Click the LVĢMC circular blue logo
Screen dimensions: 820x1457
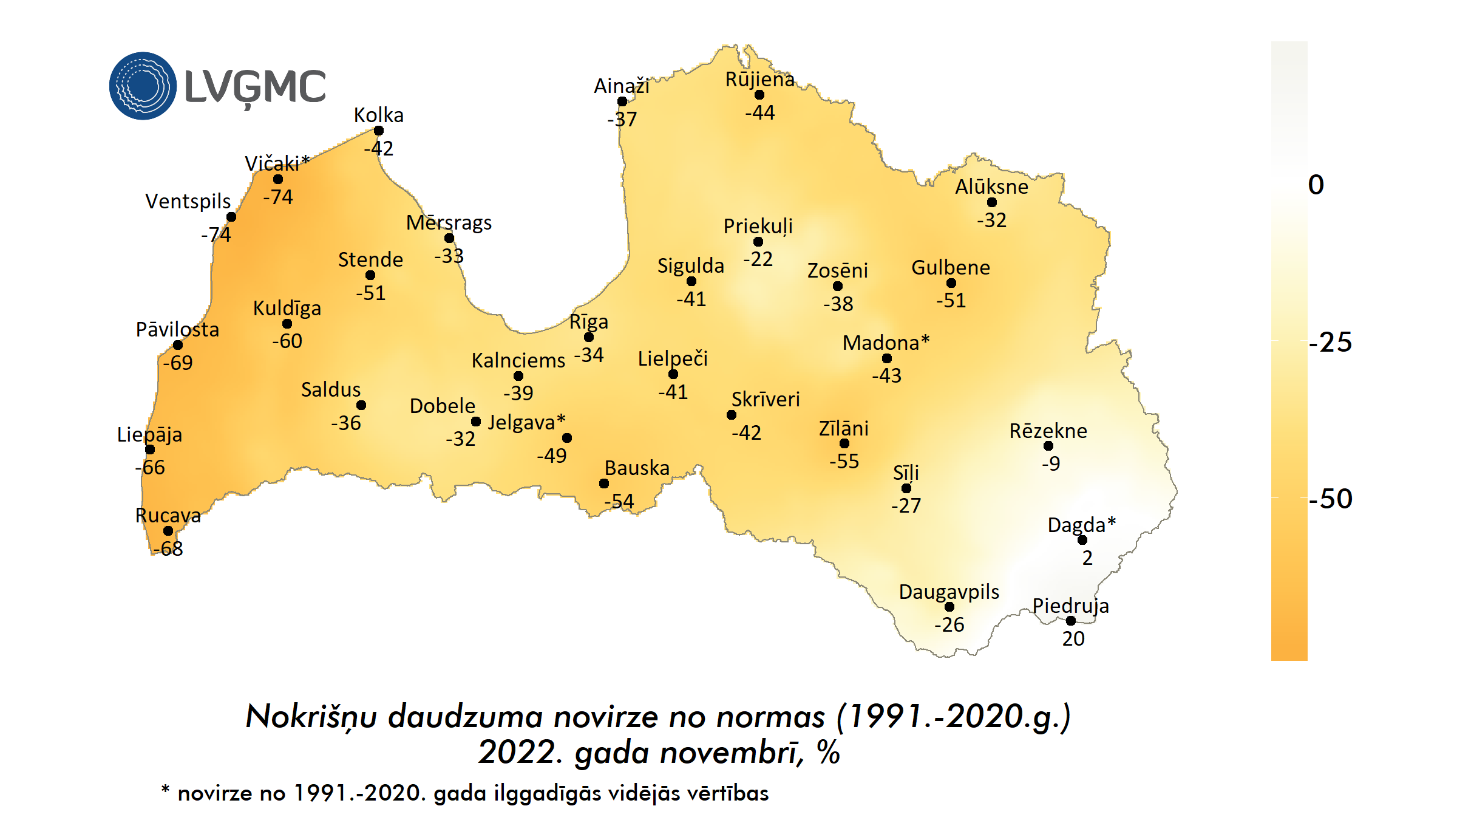click(143, 86)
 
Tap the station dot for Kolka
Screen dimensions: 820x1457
click(379, 131)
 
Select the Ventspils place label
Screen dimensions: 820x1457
click(188, 201)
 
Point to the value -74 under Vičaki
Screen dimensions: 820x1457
click(278, 197)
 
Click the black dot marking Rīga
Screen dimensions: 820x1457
click(589, 337)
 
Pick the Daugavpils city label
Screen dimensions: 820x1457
click(949, 592)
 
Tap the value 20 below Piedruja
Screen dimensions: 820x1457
click(1073, 638)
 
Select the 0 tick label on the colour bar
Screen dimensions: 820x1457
click(1316, 185)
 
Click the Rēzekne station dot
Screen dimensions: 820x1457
click(1048, 446)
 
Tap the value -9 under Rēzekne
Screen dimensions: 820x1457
click(1051, 463)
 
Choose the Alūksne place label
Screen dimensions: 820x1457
click(991, 187)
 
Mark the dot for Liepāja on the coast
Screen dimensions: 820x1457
click(150, 449)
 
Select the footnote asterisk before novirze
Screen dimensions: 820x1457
click(165, 789)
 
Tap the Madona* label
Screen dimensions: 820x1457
click(886, 343)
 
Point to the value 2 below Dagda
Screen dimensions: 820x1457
click(1087, 558)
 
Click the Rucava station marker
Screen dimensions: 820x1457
click(168, 531)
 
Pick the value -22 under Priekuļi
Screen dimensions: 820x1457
click(758, 259)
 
